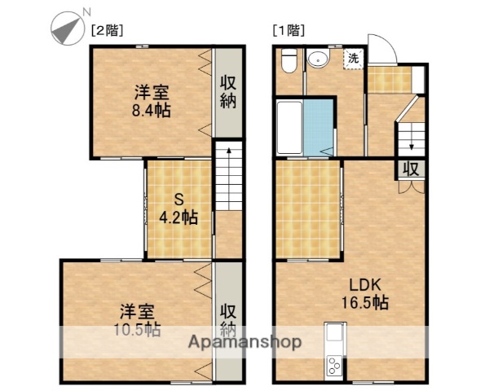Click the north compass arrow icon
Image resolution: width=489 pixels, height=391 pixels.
pos(66,31)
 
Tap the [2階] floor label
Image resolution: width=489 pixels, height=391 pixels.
pos(106,31)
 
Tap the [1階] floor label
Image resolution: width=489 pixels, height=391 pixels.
pos(288,31)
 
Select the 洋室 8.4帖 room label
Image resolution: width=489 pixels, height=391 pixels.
pos(152,100)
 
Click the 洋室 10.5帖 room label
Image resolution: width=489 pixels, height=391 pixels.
pos(139,320)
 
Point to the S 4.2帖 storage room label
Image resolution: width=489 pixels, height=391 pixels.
pos(179,209)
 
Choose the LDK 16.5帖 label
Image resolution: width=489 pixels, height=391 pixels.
pos(364,294)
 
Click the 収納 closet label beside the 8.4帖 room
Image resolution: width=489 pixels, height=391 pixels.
pos(229,94)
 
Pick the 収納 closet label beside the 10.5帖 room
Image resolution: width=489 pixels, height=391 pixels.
pos(229,319)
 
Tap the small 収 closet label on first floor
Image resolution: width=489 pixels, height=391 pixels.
pos(412,169)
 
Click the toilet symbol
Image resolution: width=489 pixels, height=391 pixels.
pos(288,61)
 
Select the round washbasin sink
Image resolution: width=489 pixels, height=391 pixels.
pos(318,59)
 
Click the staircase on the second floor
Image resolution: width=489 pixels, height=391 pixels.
pos(229,187)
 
